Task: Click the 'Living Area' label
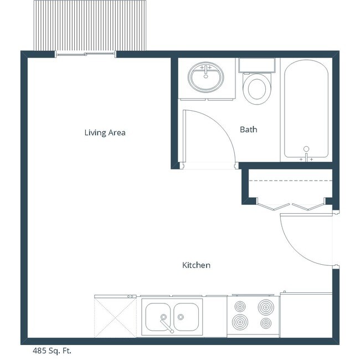coord(105,132)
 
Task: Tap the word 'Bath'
coord(248,130)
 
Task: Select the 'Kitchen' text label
coord(196,265)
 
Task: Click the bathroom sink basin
coord(206,78)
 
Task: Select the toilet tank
coord(258,65)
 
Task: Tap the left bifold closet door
coord(271,205)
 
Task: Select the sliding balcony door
coord(85,54)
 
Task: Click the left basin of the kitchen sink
coord(159,316)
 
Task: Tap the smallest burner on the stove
coord(266,322)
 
